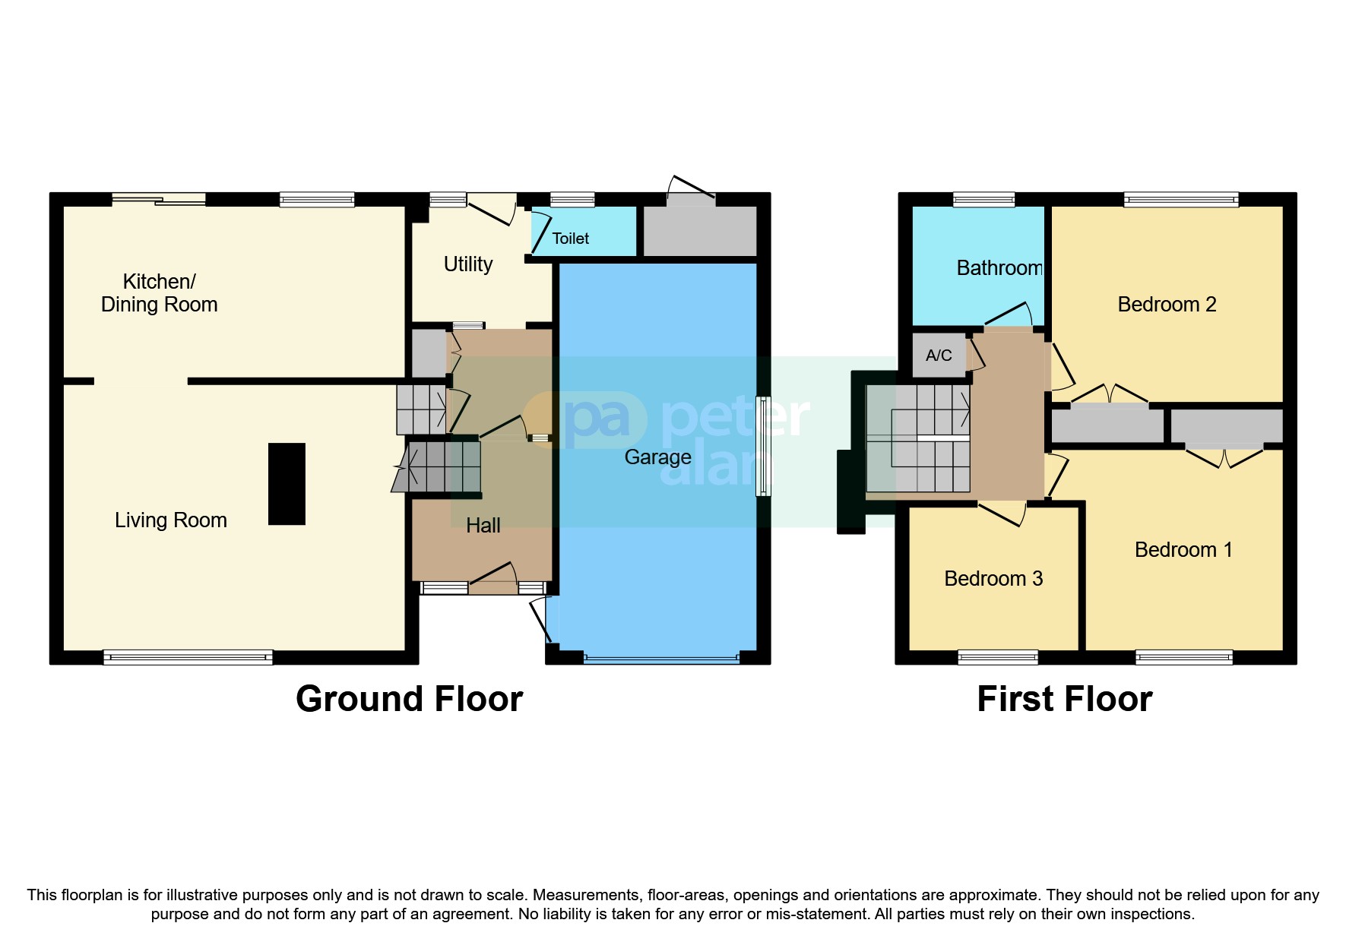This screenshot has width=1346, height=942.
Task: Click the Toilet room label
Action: (x=570, y=239)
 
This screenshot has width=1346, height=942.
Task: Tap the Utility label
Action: (x=468, y=264)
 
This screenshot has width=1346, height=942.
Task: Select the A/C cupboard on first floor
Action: (x=939, y=355)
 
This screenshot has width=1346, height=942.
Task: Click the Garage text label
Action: (x=657, y=457)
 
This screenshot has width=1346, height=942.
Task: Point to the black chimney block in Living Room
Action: (x=287, y=484)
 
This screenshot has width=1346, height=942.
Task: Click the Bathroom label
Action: (x=999, y=268)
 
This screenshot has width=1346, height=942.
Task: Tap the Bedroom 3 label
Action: (x=993, y=579)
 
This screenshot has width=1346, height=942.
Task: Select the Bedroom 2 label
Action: (x=1167, y=305)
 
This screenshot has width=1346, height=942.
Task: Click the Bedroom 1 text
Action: (x=1183, y=550)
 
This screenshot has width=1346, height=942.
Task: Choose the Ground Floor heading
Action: (x=409, y=699)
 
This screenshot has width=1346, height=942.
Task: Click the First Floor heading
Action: (x=1064, y=699)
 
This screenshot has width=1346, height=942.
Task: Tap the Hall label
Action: (x=483, y=526)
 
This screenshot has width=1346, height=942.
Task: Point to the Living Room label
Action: (x=171, y=520)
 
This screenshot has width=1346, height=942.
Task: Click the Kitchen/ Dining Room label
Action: (x=160, y=293)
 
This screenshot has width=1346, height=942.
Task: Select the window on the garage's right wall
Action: (x=763, y=446)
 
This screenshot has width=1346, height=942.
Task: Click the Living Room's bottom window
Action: (x=188, y=657)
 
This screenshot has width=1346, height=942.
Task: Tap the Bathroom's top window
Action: (x=983, y=200)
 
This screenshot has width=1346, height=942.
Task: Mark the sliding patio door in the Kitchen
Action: (x=159, y=200)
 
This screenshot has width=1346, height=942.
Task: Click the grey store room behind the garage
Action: (x=700, y=231)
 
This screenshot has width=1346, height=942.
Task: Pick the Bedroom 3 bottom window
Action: (x=998, y=657)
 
